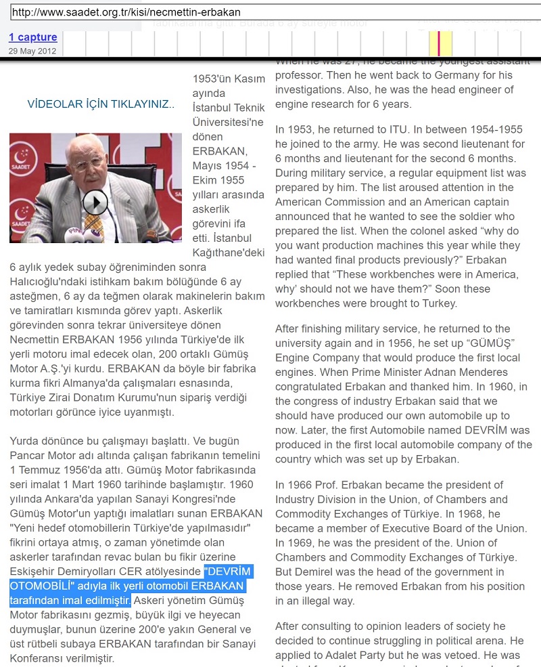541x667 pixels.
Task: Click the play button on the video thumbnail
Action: click(95, 202)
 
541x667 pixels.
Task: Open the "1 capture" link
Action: click(32, 37)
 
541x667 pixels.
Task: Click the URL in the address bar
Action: click(126, 12)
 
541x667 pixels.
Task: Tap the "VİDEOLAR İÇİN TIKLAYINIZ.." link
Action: click(101, 104)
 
